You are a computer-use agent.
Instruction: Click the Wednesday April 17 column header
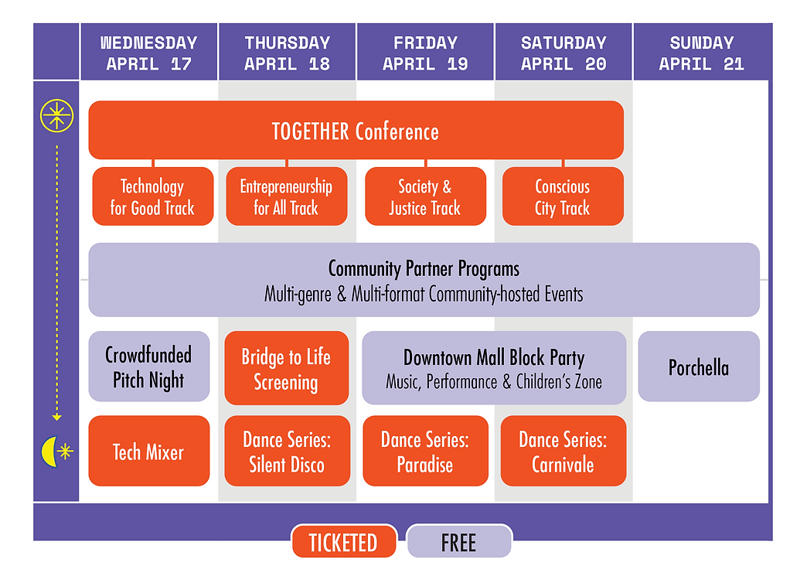pyautogui.click(x=148, y=53)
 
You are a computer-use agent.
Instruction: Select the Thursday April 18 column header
pyautogui.click(x=287, y=53)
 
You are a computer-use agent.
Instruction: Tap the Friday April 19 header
pyautogui.click(x=425, y=53)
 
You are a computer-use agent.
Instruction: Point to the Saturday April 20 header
pyautogui.click(x=563, y=53)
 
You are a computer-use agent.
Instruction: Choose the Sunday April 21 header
pyautogui.click(x=701, y=53)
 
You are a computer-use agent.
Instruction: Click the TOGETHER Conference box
pyautogui.click(x=356, y=131)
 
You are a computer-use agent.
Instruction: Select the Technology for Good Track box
pyautogui.click(x=152, y=197)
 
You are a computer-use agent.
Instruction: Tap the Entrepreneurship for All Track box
pyautogui.click(x=286, y=197)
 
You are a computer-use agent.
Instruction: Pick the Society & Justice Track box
pyautogui.click(x=425, y=197)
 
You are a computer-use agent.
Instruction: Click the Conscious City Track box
pyautogui.click(x=562, y=197)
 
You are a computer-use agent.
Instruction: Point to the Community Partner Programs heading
pyautogui.click(x=424, y=269)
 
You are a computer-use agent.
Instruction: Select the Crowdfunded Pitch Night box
pyautogui.click(x=148, y=367)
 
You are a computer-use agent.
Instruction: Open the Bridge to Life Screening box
pyautogui.click(x=286, y=369)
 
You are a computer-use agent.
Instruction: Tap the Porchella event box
pyautogui.click(x=699, y=367)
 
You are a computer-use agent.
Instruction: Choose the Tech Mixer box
pyautogui.click(x=148, y=452)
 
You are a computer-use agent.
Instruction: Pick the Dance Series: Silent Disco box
pyautogui.click(x=287, y=452)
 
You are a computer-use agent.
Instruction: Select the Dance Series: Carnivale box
pyautogui.click(x=563, y=452)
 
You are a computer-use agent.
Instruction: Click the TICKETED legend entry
pyautogui.click(x=343, y=542)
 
